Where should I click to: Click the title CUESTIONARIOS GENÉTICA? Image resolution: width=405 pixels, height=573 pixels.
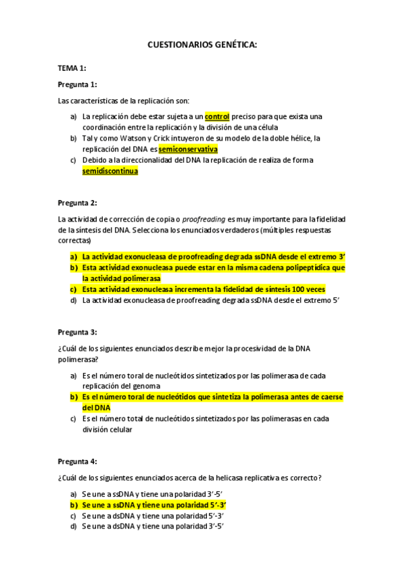[202, 45]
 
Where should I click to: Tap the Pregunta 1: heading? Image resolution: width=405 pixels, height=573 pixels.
[78, 84]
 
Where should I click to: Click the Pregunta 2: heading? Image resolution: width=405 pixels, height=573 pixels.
[78, 203]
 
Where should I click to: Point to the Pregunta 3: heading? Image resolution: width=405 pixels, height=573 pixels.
[78, 332]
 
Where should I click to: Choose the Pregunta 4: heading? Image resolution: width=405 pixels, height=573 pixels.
[78, 462]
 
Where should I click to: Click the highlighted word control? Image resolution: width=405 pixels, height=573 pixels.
[217, 117]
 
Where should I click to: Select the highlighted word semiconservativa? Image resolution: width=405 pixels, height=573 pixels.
[188, 149]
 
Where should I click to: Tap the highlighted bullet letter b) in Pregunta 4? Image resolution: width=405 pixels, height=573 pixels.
[74, 504]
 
